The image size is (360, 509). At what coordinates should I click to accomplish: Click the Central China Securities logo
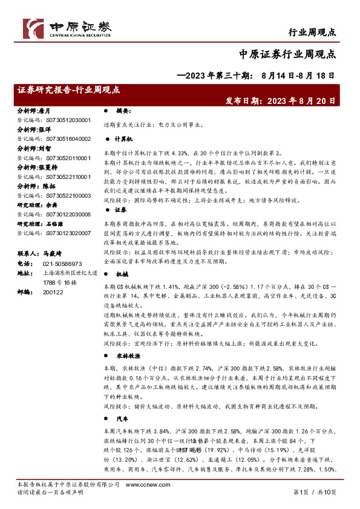point(67,27)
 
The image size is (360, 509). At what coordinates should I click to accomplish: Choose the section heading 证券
point(120,209)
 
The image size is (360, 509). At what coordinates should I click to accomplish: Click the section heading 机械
point(120,273)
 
